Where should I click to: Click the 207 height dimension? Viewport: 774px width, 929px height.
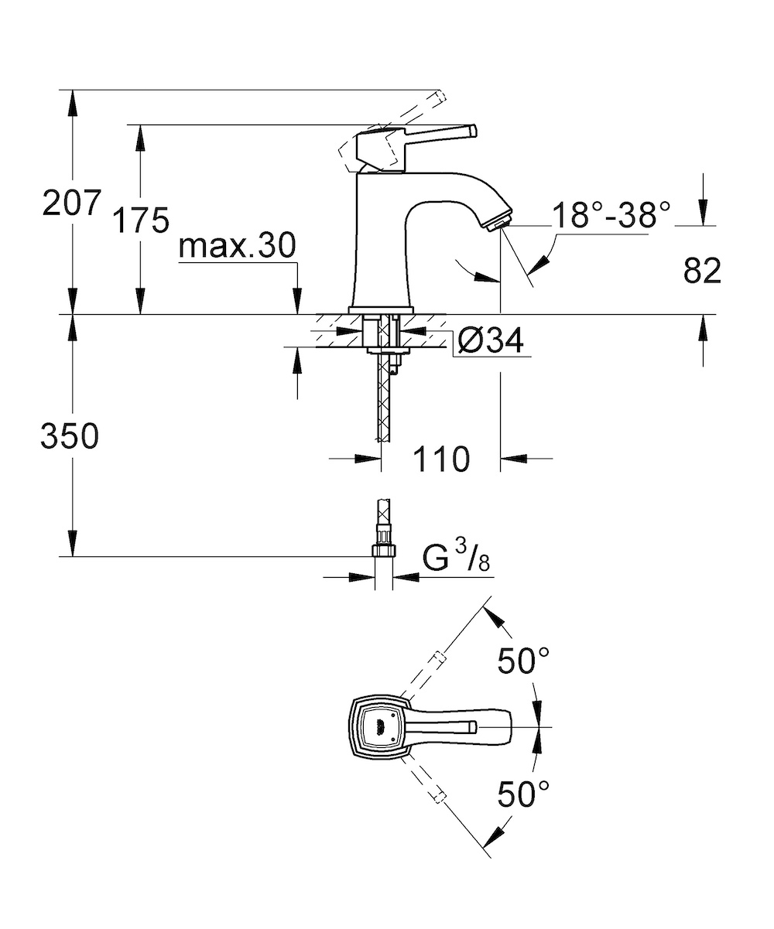[x=72, y=203]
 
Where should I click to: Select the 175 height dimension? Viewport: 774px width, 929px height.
[x=141, y=220]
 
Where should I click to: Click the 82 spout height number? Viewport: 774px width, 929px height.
[x=702, y=270]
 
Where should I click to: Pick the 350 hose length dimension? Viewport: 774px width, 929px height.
[x=70, y=435]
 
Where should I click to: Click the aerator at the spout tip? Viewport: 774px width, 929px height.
[x=498, y=223]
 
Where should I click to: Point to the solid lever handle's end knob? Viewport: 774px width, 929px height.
[x=471, y=131]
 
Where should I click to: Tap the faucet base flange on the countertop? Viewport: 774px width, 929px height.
[x=381, y=310]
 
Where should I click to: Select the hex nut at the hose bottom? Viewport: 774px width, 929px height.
[x=383, y=551]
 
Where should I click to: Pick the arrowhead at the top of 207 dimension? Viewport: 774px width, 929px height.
[x=72, y=102]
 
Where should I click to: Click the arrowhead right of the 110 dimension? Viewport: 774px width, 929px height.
[x=513, y=458]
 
